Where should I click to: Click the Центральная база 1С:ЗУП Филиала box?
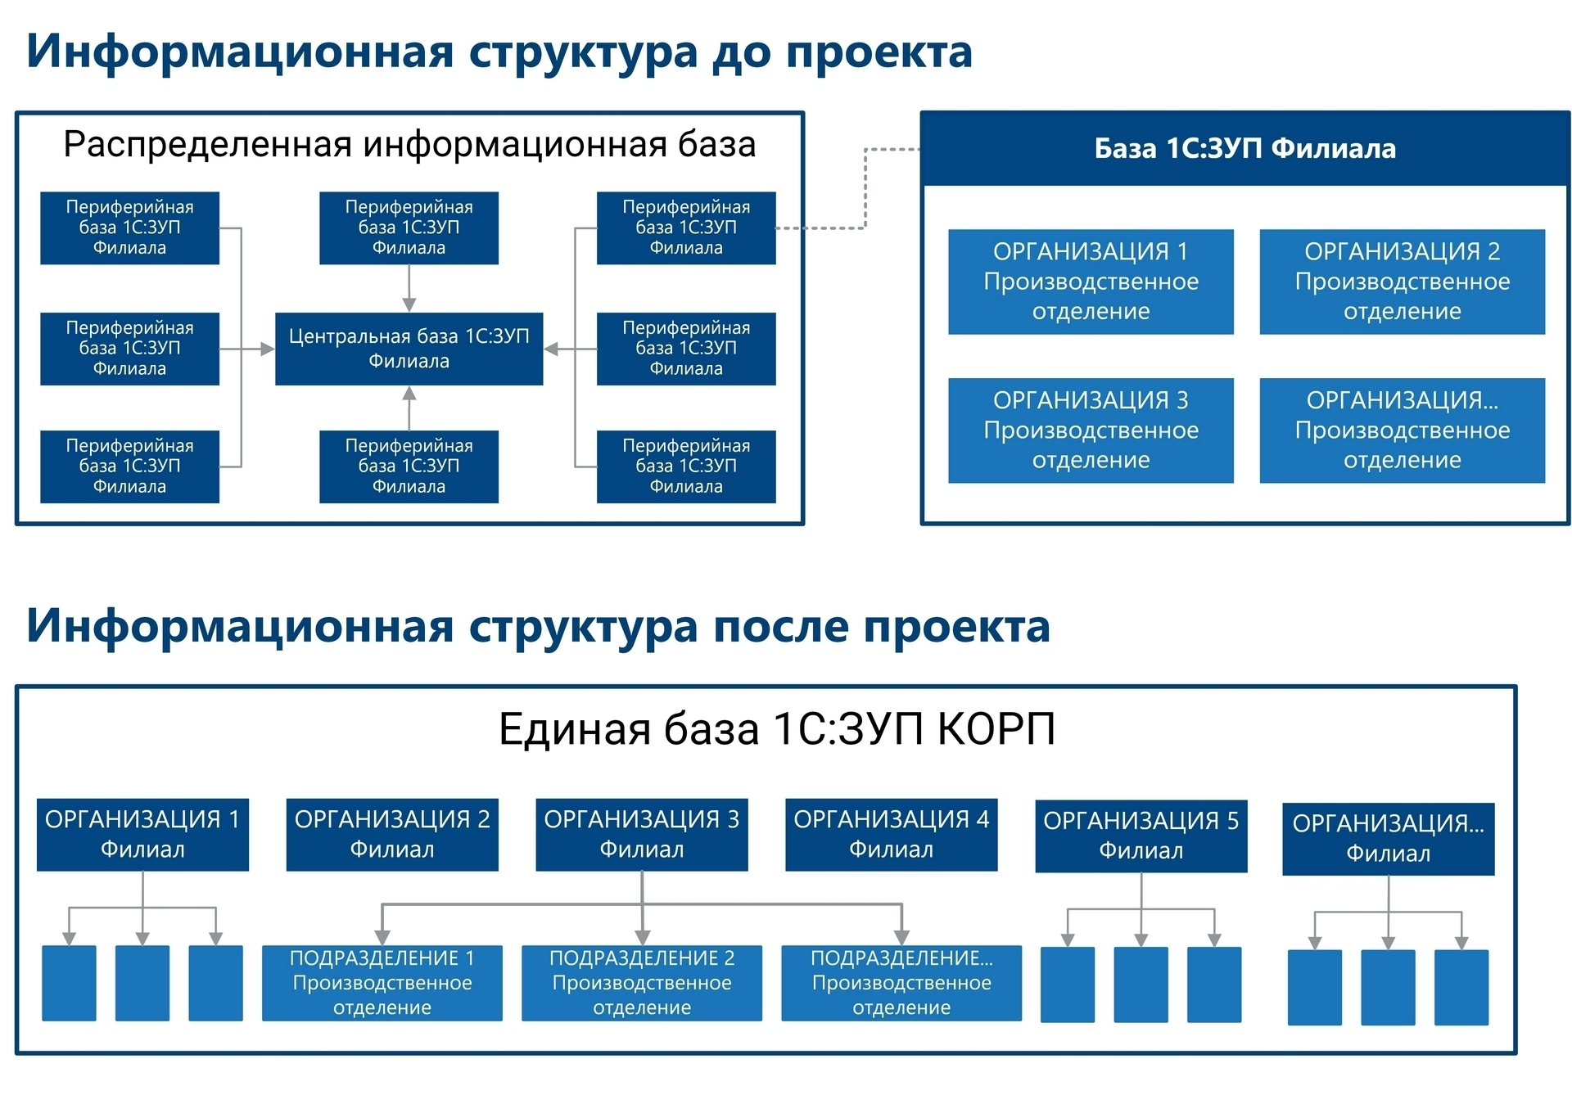409,349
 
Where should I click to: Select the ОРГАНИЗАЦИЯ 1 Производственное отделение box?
1091,282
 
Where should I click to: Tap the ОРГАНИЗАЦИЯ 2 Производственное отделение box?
1402,282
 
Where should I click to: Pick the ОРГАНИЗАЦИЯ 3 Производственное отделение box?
1091,430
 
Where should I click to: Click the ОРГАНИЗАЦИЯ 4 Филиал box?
891,834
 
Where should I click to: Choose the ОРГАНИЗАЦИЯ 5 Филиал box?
1141,836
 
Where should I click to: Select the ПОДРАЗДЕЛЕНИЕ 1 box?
382,983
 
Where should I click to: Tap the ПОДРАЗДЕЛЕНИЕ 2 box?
641,983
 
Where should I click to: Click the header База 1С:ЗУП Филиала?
1244,148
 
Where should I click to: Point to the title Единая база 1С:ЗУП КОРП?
776,728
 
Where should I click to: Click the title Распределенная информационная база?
409,144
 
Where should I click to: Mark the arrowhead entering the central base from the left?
268,349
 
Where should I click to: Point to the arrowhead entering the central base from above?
409,304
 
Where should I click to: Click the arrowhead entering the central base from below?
409,394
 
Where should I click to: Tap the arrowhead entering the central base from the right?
552,349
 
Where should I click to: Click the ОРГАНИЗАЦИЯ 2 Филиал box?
392,834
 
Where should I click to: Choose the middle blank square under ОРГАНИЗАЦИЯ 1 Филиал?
142,983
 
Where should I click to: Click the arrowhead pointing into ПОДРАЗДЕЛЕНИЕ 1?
382,938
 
